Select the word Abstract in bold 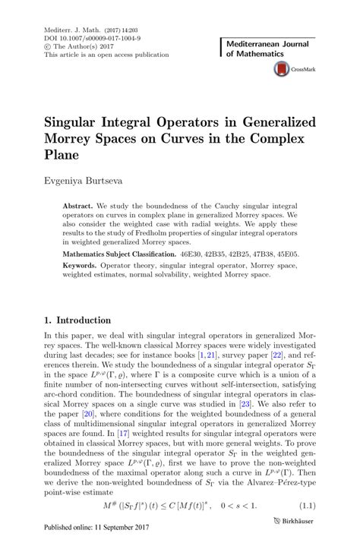click(x=77, y=206)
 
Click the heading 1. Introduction click(x=78, y=320)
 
